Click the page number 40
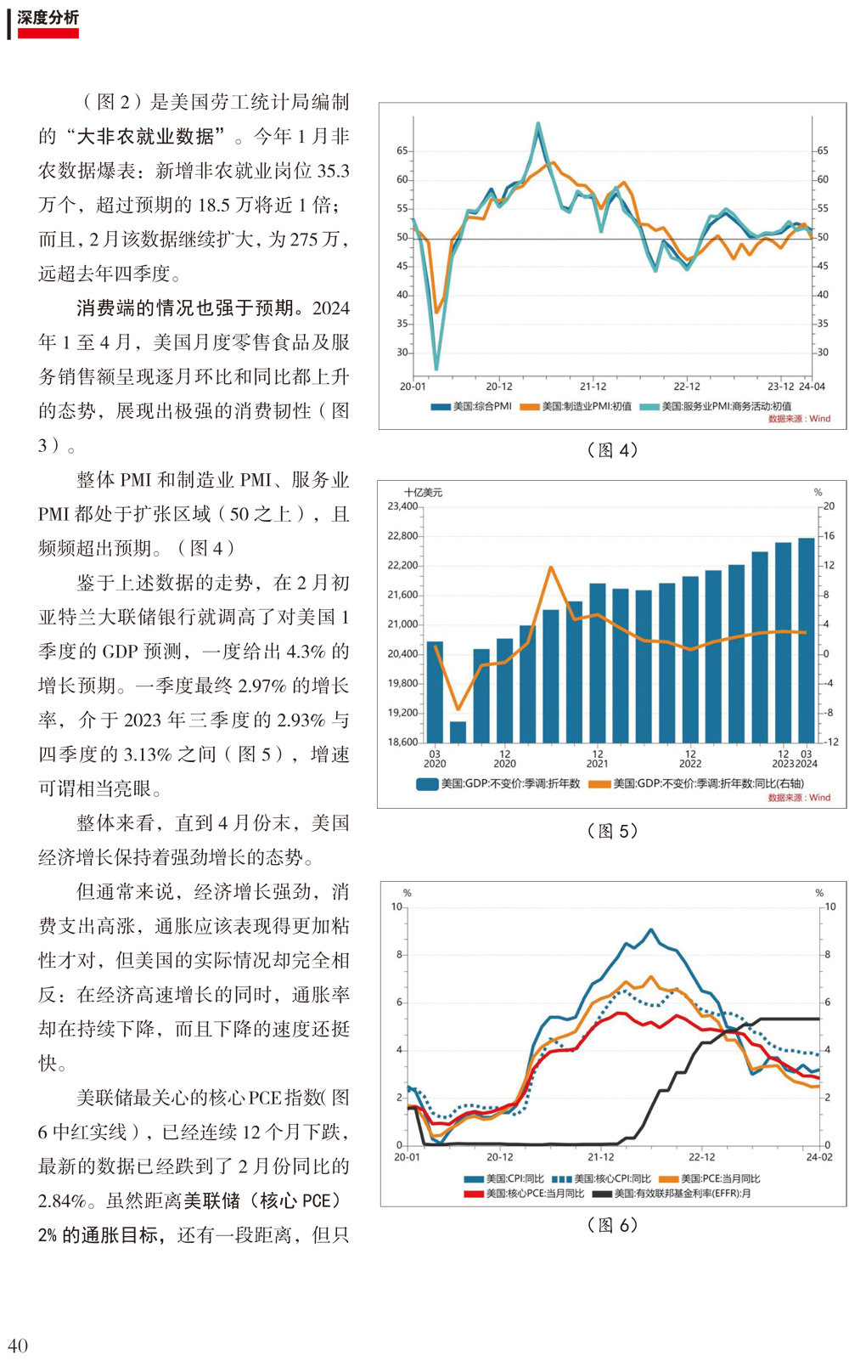click(x=18, y=1345)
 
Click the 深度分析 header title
click(x=48, y=18)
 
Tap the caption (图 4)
click(x=612, y=450)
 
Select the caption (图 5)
click(x=612, y=831)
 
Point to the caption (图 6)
click(x=612, y=1224)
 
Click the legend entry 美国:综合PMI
click(x=471, y=406)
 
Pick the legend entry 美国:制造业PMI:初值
click(x=576, y=406)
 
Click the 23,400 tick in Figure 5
click(x=402, y=506)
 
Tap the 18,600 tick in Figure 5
click(x=402, y=742)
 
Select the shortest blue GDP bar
click(x=458, y=732)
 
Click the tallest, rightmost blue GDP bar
click(x=807, y=641)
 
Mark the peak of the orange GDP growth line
click(x=551, y=568)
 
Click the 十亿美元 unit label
click(x=424, y=492)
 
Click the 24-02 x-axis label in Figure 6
click(x=819, y=1157)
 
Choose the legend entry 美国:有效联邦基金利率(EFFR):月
click(x=671, y=1194)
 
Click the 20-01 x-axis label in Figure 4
click(x=413, y=387)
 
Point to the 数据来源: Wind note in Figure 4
click(x=799, y=419)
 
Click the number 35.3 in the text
click(x=333, y=171)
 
